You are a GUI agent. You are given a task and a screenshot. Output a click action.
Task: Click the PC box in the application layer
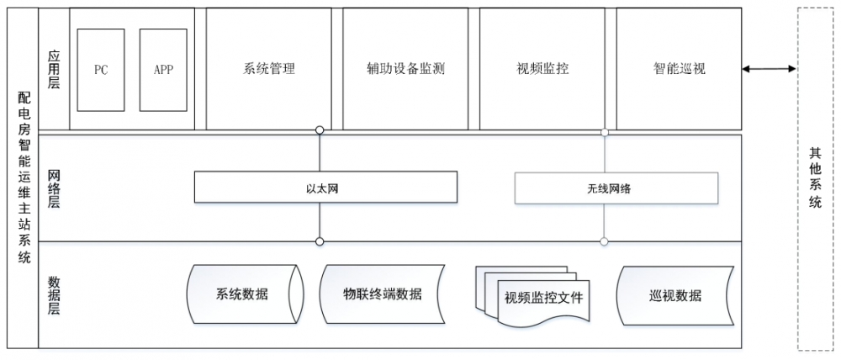tap(101, 70)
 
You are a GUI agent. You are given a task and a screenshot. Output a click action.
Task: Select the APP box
tap(163, 70)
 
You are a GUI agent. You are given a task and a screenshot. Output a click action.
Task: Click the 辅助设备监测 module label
tap(406, 69)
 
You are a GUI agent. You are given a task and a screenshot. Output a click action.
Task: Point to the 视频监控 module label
tap(543, 69)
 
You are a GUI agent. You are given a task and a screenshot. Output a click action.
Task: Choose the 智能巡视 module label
tap(680, 69)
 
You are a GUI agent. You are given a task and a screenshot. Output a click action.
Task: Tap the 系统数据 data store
tap(242, 294)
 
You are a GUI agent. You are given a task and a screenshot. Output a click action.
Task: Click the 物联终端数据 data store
tap(383, 294)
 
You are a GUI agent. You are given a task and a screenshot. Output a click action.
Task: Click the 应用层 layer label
tap(54, 69)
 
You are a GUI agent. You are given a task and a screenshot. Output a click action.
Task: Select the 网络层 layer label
tap(54, 188)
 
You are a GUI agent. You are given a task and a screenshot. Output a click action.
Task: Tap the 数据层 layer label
tap(54, 294)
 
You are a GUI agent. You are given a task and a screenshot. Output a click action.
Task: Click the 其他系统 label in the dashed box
tap(815, 178)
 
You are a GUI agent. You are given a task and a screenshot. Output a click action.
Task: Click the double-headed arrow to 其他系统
tap(769, 69)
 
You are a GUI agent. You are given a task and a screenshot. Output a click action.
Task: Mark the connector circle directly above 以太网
tap(320, 130)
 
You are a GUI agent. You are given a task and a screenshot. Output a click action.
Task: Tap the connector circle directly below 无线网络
tap(604, 241)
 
